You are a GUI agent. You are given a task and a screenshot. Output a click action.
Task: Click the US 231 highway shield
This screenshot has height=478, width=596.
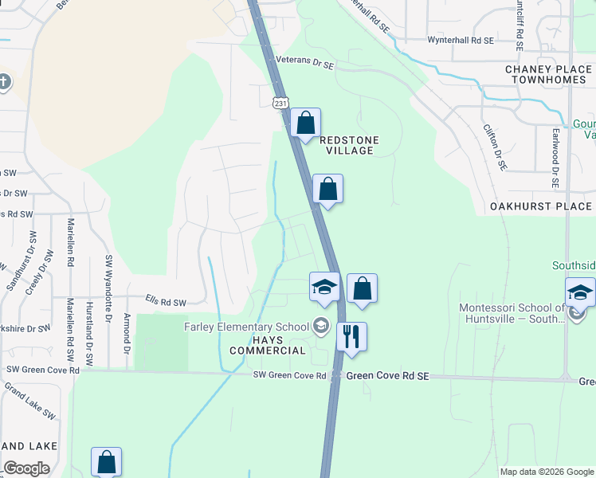[280, 104]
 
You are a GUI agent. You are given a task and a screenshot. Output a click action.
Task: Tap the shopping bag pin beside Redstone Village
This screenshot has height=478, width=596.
[305, 123]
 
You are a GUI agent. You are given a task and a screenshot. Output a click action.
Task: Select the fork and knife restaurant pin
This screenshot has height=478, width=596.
[351, 336]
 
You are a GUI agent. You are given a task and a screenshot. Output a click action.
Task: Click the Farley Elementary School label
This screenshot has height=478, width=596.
[246, 326]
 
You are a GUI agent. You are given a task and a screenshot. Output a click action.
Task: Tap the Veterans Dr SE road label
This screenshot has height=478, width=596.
[304, 61]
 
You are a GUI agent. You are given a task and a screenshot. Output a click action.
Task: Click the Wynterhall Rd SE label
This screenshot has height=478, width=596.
[461, 39]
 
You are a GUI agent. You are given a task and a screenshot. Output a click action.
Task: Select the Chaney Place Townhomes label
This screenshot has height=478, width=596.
[548, 74]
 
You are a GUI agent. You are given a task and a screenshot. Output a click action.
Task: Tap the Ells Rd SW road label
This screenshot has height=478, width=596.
[166, 303]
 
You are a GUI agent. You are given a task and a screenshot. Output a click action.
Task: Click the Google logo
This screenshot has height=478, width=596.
[26, 468]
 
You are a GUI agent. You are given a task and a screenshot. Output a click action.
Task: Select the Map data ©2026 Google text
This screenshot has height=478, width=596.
[546, 472]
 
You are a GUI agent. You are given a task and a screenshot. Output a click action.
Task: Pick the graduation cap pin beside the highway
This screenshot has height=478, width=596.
[324, 288]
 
